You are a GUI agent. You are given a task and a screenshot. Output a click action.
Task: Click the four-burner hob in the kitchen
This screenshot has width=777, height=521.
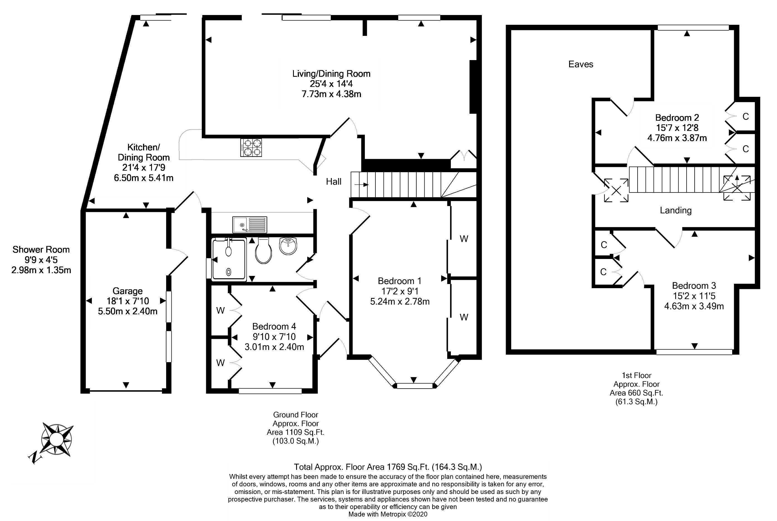[x=251, y=147]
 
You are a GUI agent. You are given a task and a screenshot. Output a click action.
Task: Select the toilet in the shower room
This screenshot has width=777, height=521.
[x=264, y=251]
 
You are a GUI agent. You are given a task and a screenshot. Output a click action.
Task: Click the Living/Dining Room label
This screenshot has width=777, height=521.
[x=331, y=74]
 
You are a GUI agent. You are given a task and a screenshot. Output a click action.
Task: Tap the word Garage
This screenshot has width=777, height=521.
[x=128, y=291]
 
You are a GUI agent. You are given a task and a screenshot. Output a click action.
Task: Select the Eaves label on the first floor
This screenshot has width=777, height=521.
[x=581, y=64]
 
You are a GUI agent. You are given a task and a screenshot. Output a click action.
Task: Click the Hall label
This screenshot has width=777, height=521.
[x=334, y=181]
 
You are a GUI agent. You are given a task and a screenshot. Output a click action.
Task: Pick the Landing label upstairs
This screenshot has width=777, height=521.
[x=676, y=210]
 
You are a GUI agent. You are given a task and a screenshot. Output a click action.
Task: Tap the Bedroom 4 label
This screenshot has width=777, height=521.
[x=274, y=326]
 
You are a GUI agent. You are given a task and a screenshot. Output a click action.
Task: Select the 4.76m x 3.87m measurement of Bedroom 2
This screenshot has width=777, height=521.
[x=677, y=138]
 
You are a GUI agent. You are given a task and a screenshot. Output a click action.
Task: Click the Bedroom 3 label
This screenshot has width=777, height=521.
[x=694, y=286]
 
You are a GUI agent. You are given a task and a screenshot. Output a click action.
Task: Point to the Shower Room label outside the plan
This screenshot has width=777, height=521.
[x=41, y=250]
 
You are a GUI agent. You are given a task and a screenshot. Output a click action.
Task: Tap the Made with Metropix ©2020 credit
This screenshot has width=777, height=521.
[x=388, y=514]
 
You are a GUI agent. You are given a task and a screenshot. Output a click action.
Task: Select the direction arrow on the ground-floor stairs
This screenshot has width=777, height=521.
[x=362, y=185]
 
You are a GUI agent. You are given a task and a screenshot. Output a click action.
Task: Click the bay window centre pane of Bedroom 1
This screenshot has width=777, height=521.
[x=415, y=386]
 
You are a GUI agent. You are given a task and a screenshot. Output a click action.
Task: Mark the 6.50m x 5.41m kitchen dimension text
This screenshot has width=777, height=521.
[x=144, y=178]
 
